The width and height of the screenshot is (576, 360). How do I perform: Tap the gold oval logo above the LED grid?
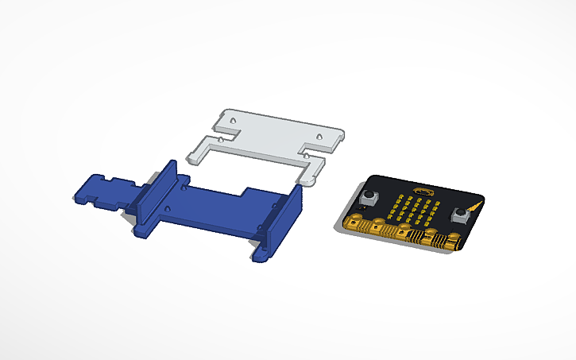pyautogui.click(x=421, y=192)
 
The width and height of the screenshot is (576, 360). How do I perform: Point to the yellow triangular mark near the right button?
pyautogui.click(x=474, y=206)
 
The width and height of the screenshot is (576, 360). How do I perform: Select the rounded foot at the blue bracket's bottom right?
pyautogui.click(x=261, y=256)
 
